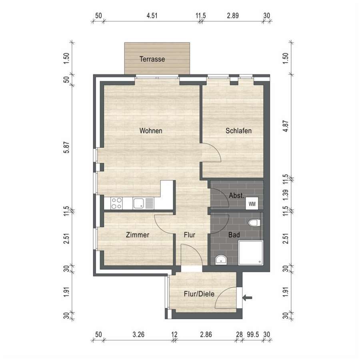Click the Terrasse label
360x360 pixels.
(152, 59)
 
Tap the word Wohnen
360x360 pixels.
(151, 131)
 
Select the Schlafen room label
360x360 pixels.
(238, 131)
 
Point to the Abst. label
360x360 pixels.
(236, 196)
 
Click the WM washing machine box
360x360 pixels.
(252, 204)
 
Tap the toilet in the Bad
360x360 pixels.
(254, 223)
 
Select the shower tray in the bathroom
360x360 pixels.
(250, 253)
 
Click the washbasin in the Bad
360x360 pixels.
(221, 260)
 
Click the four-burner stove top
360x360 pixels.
(116, 204)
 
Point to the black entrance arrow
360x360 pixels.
(248, 298)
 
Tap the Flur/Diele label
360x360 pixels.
(199, 294)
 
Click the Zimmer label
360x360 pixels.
(138, 235)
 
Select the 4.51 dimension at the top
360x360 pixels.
(152, 16)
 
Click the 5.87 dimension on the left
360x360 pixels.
(66, 147)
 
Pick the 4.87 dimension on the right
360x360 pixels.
(285, 126)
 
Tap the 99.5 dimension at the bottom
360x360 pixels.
(253, 334)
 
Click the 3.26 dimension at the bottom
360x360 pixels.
(138, 334)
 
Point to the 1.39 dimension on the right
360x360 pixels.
(285, 195)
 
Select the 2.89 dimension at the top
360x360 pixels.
(233, 16)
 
